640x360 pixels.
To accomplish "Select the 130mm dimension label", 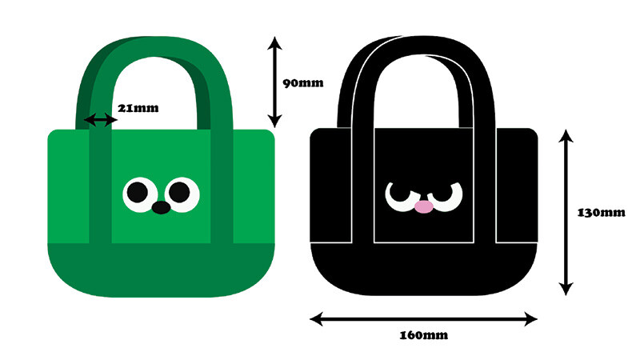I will point(600,213).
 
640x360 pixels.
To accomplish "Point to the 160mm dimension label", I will point(422,334).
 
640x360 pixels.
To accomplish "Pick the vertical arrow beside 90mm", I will point(274,82).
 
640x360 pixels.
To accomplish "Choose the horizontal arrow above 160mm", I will point(423,319).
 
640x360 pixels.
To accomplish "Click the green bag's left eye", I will point(138,192).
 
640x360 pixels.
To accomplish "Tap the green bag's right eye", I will point(182,192).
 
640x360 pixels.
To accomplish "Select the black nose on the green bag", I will point(161,208).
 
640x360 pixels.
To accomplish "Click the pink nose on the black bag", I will point(424,206).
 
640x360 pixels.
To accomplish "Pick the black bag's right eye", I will point(446,194).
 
